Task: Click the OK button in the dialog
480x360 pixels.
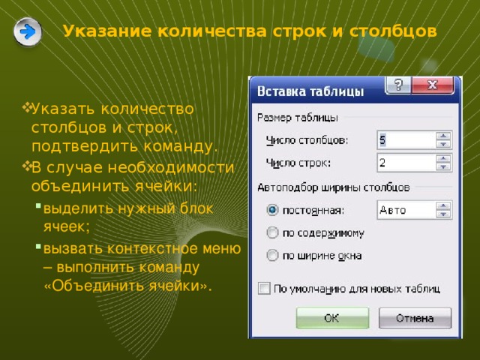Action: [x=332, y=318]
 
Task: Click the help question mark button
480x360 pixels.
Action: [x=397, y=85]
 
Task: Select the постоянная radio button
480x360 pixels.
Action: [x=272, y=210]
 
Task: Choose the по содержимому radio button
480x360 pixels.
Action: [x=272, y=232]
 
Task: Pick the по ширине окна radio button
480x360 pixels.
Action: [x=272, y=255]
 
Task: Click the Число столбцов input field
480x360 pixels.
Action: [x=405, y=140]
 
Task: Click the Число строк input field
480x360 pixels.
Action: [x=405, y=163]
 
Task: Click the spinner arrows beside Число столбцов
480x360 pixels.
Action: [x=444, y=140]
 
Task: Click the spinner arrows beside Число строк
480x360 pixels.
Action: [x=444, y=163]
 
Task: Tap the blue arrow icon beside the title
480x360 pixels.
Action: [x=28, y=32]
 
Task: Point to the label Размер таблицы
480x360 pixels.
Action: [x=298, y=118]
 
